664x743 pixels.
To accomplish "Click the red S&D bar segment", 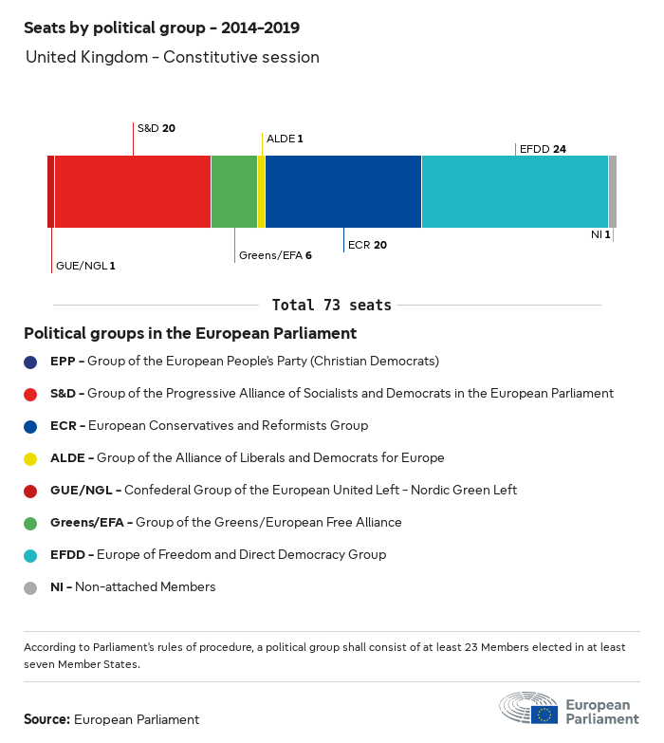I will pyautogui.click(x=132, y=192).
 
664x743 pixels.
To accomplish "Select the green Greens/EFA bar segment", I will pyautogui.click(x=233, y=192).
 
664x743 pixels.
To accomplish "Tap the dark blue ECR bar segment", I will pyautogui.click(x=342, y=192).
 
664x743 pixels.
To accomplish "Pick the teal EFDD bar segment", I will pyautogui.click(x=514, y=192).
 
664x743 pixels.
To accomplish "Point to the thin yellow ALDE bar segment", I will pyautogui.click(x=261, y=192).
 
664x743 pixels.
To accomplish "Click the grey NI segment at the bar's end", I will pyautogui.click(x=613, y=192).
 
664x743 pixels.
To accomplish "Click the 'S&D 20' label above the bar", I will pyautogui.click(x=156, y=127).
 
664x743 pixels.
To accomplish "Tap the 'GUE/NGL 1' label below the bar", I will pyautogui.click(x=85, y=266).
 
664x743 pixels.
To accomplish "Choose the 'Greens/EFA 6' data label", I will pyautogui.click(x=275, y=256).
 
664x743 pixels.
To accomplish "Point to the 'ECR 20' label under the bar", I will pyautogui.click(x=367, y=245).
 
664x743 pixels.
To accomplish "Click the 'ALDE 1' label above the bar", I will pyautogui.click(x=285, y=139).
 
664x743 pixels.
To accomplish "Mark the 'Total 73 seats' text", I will pyautogui.click(x=332, y=305).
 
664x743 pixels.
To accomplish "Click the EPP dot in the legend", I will pyautogui.click(x=31, y=362).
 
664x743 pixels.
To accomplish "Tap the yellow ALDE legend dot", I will pyautogui.click(x=31, y=458).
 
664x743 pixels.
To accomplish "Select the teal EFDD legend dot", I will pyautogui.click(x=31, y=555).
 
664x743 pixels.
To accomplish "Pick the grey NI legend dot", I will pyautogui.click(x=31, y=587).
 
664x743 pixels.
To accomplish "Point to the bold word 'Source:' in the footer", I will pyautogui.click(x=46, y=719).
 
